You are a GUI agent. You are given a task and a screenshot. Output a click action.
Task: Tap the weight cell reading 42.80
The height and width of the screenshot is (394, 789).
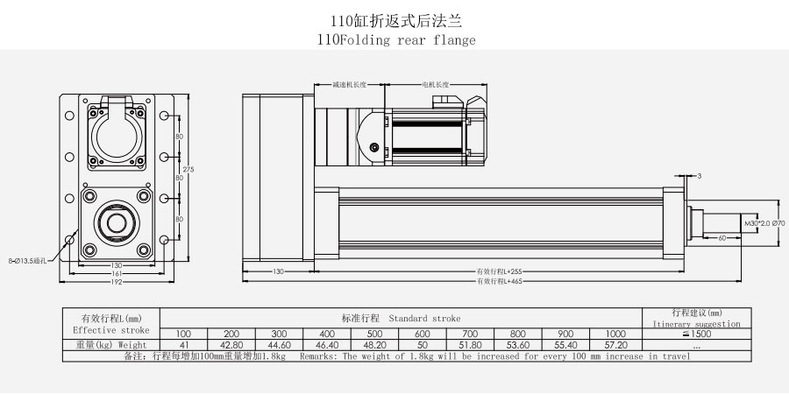point(231,346)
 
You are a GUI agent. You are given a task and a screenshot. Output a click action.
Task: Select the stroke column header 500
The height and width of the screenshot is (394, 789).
point(374,334)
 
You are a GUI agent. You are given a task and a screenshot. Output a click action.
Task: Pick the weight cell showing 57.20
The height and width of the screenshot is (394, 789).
point(614,346)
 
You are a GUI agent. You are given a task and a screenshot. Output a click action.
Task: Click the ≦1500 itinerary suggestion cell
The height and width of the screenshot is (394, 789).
point(697,334)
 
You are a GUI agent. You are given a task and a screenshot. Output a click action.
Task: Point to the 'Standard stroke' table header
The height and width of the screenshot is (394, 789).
point(401,319)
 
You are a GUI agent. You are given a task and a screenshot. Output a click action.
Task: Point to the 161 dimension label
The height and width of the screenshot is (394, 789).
point(115,274)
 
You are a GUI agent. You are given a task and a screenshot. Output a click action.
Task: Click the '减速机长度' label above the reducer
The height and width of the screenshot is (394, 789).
point(349,85)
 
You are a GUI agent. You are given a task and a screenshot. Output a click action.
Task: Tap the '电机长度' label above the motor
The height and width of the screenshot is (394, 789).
point(435,85)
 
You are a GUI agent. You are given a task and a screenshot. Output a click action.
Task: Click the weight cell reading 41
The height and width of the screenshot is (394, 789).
point(183,346)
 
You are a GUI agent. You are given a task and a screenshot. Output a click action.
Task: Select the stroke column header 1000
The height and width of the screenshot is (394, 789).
point(614,334)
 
